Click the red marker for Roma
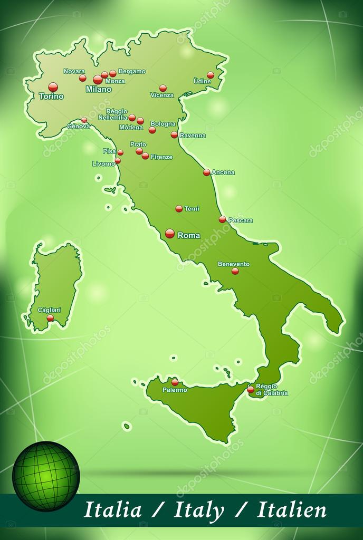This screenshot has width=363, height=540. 170,233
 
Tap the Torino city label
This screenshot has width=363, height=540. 51,97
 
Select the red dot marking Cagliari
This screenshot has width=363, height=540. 51,318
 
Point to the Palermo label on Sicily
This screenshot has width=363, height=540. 175,390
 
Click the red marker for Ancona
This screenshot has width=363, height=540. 207,172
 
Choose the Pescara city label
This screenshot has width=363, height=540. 241,220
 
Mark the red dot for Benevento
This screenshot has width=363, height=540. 235,271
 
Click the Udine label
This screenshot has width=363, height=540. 202,81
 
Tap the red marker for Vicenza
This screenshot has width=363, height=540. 163,88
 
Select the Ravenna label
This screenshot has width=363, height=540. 193,136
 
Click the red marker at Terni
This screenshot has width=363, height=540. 179,208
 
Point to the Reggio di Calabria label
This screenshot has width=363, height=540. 272,390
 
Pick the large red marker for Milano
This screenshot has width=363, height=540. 98,80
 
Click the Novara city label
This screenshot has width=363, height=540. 74,71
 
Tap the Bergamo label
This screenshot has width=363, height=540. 132,71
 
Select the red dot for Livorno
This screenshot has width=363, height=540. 118,160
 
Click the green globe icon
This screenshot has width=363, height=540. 46,476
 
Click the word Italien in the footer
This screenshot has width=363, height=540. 292,510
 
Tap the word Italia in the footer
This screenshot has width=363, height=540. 113,510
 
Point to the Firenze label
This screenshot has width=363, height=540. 161,157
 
